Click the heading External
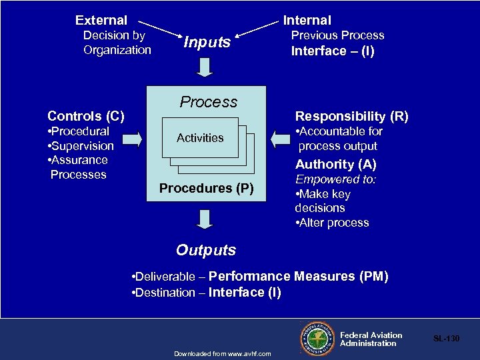pyautogui.click(x=101, y=21)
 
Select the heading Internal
pyautogui.click(x=307, y=21)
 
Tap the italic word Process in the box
pyautogui.click(x=209, y=102)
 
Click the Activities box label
pyautogui.click(x=200, y=138)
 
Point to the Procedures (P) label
pyautogui.click(x=207, y=189)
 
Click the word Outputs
pyautogui.click(x=206, y=251)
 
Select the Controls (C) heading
pyautogui.click(x=86, y=117)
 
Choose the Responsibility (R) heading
pyautogui.click(x=352, y=117)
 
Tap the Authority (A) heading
pyautogui.click(x=336, y=164)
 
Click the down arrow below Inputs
pyautogui.click(x=206, y=67)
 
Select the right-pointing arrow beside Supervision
pyautogui.click(x=133, y=139)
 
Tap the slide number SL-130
pyautogui.click(x=447, y=339)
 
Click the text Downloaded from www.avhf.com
pyautogui.click(x=222, y=353)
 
